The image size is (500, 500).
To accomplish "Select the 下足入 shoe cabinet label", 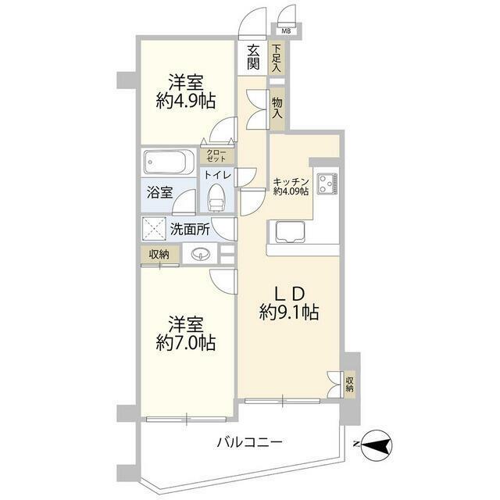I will coord(277,58).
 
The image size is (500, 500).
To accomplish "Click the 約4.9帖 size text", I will coord(186,100).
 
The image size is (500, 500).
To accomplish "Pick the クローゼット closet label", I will coord(216,155).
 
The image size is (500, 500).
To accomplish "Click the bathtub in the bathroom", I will coord(167,164).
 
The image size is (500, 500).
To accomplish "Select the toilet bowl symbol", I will coord(216,199).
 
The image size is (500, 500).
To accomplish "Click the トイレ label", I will coord(217,176).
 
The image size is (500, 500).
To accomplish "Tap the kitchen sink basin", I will coord(288,232).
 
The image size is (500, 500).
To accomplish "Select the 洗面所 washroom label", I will coord(190,230).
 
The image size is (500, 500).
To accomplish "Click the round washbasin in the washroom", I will coord(200,254).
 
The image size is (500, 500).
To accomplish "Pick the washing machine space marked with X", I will coord(154,229).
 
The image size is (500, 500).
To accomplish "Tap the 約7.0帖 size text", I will coord(186,341).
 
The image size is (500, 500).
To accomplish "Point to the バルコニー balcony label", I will coord(249,442).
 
